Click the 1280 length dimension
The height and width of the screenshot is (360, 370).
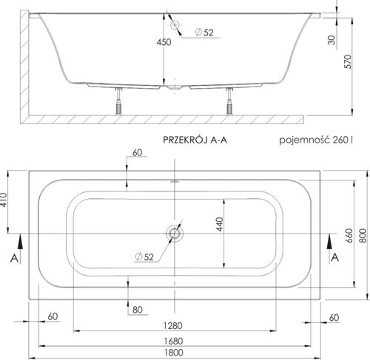[x=173, y=326]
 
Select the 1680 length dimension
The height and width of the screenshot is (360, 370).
[x=173, y=339]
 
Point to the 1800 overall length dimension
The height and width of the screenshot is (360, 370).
[x=173, y=353]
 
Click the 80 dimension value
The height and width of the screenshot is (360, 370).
[x=136, y=309]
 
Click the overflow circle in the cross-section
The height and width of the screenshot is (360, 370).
[x=175, y=24]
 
